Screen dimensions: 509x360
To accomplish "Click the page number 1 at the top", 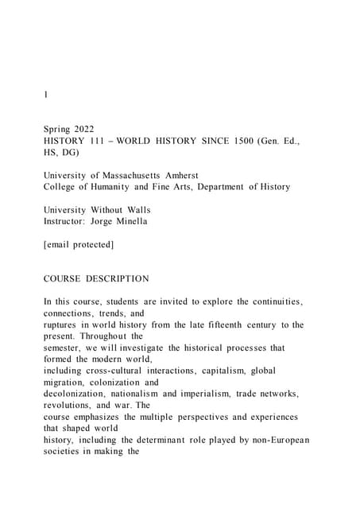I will pos(46,95).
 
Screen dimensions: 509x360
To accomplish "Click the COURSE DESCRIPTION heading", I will pos(96,278).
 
